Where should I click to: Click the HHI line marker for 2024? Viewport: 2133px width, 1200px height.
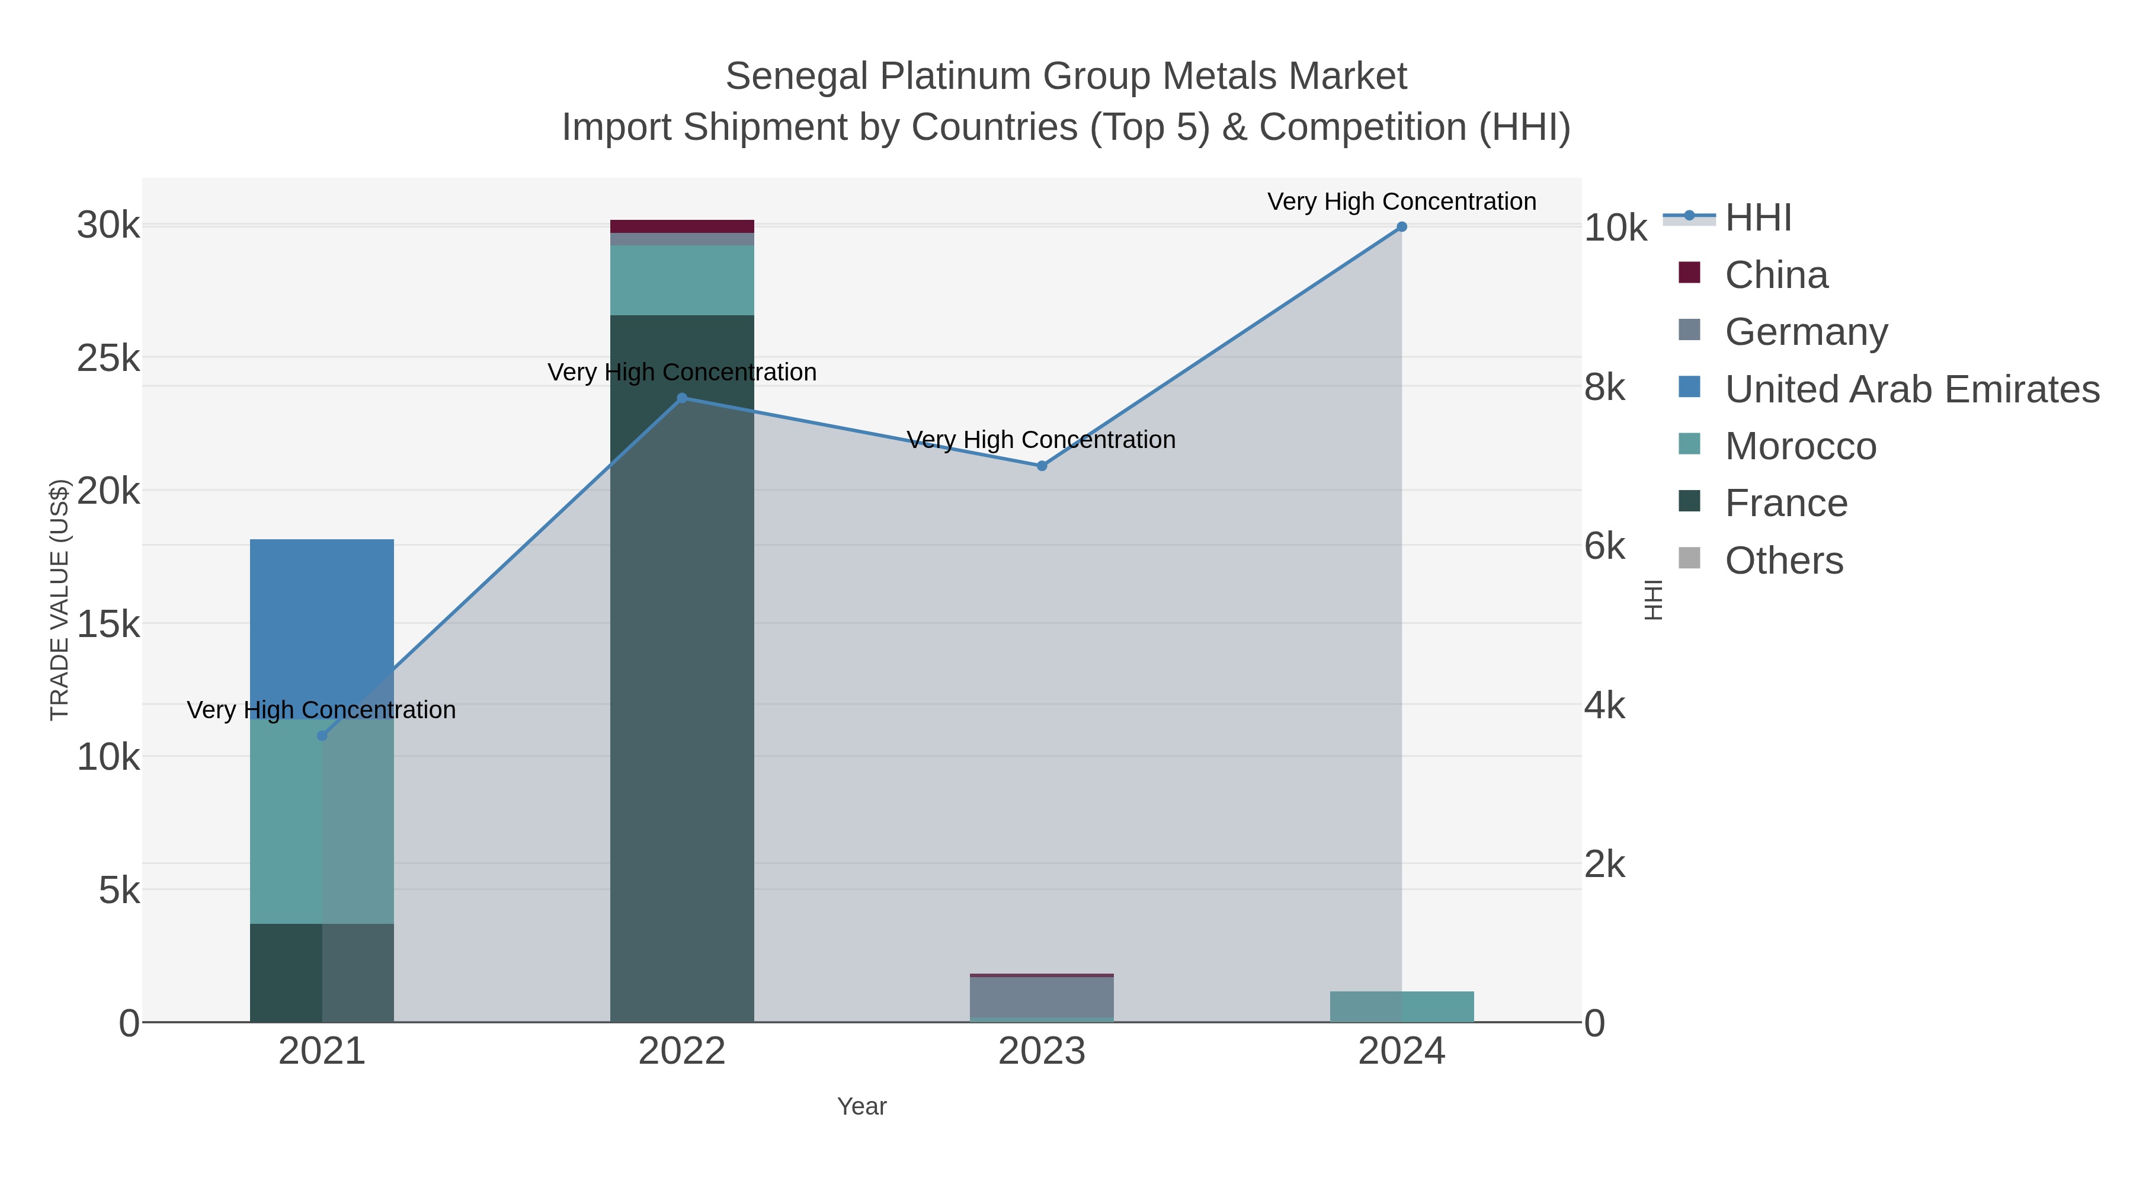coord(1401,227)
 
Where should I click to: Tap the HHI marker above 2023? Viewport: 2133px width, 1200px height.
coord(1042,466)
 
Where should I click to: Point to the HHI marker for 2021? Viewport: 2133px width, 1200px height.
coord(322,735)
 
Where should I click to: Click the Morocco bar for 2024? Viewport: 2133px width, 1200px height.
coord(1401,1006)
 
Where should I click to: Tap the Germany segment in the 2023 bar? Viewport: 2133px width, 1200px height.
coord(1042,997)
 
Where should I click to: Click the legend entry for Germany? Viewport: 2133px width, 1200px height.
coord(1806,332)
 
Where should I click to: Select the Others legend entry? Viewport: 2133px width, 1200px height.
coord(1783,561)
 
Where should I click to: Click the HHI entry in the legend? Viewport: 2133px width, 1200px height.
coord(1758,218)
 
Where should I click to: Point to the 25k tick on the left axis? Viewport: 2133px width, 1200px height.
coord(108,359)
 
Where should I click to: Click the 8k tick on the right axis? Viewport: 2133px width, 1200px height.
coord(1604,388)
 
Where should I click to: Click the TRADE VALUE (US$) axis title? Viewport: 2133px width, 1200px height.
coord(60,600)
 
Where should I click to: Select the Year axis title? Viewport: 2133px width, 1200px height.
coord(861,1106)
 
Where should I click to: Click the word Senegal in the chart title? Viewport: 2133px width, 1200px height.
coord(796,76)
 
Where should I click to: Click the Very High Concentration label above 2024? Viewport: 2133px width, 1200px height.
coord(1401,201)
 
